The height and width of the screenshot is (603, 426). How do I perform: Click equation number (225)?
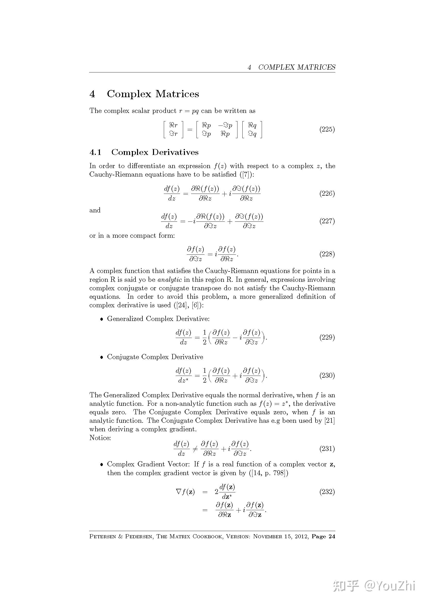327,129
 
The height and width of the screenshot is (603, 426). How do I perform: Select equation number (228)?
327,254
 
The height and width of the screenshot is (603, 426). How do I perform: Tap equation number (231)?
327,449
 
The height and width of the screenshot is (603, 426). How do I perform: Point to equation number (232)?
327,492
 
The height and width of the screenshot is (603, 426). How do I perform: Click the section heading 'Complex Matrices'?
153,94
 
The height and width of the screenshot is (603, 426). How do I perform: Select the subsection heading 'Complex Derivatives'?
155,152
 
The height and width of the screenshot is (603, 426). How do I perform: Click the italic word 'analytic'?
169,279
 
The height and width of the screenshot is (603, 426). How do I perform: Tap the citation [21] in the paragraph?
330,420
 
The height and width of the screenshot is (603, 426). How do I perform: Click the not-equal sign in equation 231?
195,449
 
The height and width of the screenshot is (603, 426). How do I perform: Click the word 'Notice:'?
100,438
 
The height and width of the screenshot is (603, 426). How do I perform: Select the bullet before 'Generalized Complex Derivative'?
102,319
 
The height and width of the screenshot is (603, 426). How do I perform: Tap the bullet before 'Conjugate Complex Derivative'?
102,357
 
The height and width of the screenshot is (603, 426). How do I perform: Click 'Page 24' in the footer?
323,536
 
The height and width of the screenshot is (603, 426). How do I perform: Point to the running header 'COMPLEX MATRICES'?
297,67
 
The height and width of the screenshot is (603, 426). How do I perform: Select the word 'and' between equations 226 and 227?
95,210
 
